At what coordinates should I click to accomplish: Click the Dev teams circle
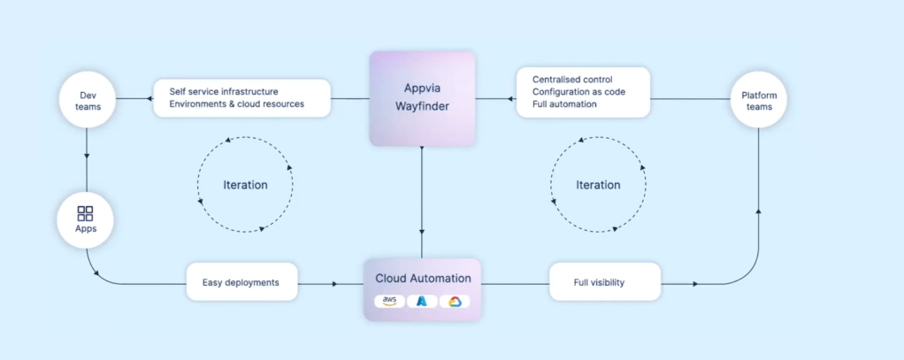(x=88, y=99)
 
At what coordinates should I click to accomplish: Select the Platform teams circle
(x=759, y=99)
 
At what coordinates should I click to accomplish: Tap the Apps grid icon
(x=85, y=213)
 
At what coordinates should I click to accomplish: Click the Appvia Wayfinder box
(x=422, y=98)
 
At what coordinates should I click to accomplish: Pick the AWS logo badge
(x=389, y=301)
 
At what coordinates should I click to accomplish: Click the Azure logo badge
(x=422, y=301)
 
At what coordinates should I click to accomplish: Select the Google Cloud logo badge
(x=455, y=301)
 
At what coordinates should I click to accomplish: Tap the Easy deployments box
(x=242, y=282)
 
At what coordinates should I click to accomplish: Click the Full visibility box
(x=605, y=282)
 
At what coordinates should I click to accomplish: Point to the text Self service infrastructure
(x=224, y=92)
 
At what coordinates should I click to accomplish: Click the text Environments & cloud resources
(x=237, y=104)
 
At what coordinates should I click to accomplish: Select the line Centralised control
(x=572, y=79)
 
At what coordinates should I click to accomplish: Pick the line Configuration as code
(x=578, y=92)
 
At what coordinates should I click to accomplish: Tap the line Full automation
(x=564, y=104)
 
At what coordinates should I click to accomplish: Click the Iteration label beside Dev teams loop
(x=245, y=185)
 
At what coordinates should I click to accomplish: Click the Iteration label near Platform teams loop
(x=599, y=185)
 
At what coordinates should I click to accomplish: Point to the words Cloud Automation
(x=423, y=278)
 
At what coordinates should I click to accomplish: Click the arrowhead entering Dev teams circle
(x=133, y=99)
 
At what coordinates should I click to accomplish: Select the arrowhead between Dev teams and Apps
(x=87, y=155)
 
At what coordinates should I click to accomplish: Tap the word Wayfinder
(x=422, y=107)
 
